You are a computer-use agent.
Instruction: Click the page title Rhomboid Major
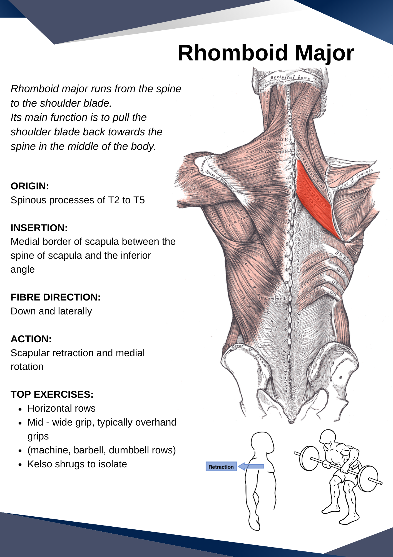point(266,53)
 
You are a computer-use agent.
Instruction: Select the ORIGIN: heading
point(30,186)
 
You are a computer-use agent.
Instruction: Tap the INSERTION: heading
point(39,228)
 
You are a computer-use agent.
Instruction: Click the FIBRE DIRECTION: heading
point(56,297)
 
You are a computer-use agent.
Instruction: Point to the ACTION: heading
point(31,339)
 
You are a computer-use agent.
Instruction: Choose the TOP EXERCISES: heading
point(52,394)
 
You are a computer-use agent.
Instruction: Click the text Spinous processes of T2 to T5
point(78,200)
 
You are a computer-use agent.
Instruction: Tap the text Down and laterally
point(51,311)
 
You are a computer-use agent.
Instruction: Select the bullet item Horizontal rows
point(61,408)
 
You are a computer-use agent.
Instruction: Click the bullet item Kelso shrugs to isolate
point(77,464)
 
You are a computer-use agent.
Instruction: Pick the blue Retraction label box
point(221,467)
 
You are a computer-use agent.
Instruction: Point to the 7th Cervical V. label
point(273,140)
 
